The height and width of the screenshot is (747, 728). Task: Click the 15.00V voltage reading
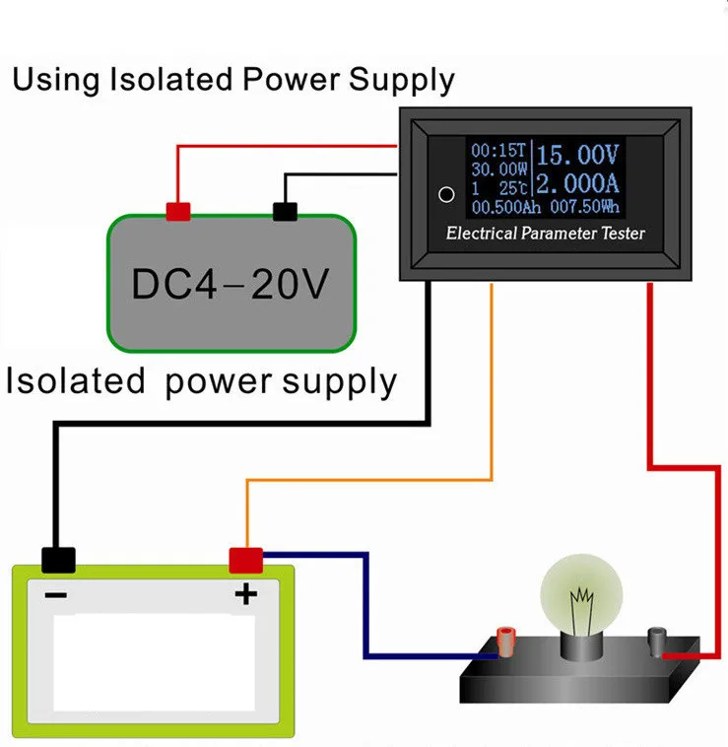click(x=579, y=156)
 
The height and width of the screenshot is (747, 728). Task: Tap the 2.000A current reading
click(x=579, y=183)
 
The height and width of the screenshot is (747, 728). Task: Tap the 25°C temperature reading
click(x=512, y=188)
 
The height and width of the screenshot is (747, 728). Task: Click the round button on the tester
click(x=446, y=194)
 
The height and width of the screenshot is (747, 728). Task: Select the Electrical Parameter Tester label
click(x=545, y=234)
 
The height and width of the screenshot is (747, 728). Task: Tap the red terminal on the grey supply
click(x=178, y=212)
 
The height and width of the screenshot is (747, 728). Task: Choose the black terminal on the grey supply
click(x=285, y=211)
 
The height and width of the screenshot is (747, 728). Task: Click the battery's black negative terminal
click(x=58, y=560)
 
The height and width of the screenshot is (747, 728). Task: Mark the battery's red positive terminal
click(x=245, y=560)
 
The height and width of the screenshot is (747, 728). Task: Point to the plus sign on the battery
click(x=244, y=593)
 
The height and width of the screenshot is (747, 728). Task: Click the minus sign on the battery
click(x=56, y=594)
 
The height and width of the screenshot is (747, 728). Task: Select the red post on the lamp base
click(x=508, y=644)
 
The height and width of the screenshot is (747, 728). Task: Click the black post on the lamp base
click(x=653, y=643)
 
